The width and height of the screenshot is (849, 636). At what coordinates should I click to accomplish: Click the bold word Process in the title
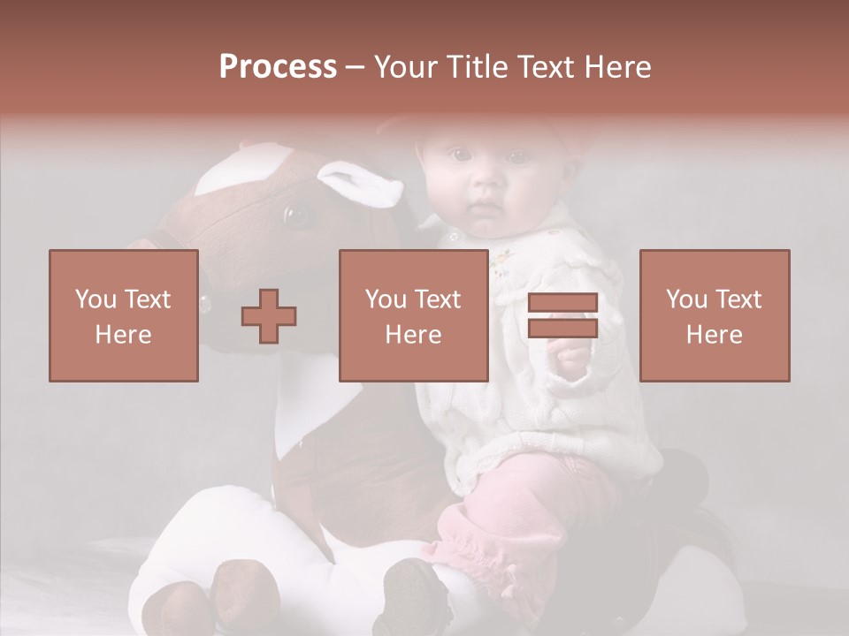(278, 67)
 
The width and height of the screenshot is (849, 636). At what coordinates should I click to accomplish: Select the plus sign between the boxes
(270, 315)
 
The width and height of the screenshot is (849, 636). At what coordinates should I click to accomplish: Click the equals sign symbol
(562, 315)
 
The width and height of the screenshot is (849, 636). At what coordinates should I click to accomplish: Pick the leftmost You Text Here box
(123, 315)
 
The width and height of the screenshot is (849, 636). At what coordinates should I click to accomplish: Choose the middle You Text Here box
(413, 315)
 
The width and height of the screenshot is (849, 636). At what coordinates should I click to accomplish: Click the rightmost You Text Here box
(714, 315)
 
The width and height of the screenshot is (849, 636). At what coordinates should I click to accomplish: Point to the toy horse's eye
(294, 214)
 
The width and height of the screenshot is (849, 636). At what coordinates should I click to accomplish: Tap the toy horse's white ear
(362, 184)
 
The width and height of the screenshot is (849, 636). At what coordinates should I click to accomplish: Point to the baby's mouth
(484, 210)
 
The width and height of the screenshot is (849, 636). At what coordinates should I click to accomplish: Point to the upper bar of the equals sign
(562, 303)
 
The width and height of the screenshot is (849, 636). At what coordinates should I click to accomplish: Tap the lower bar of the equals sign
(562, 328)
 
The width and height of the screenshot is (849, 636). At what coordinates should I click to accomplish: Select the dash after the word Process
(356, 68)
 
